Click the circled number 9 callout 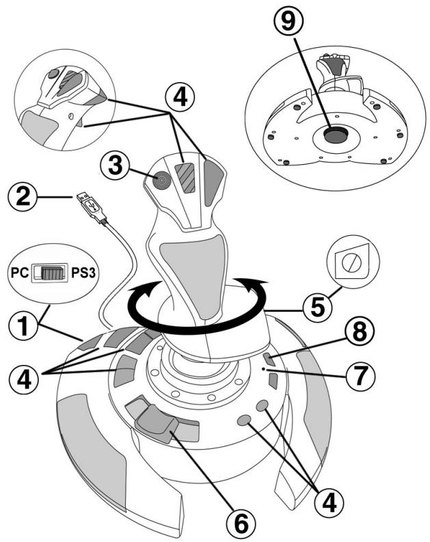coord(288,21)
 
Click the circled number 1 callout coord(23,325)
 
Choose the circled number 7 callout coord(360,375)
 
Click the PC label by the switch coord(19,273)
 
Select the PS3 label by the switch coord(83,273)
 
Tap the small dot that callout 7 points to coord(264,370)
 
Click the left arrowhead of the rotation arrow coord(151,290)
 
